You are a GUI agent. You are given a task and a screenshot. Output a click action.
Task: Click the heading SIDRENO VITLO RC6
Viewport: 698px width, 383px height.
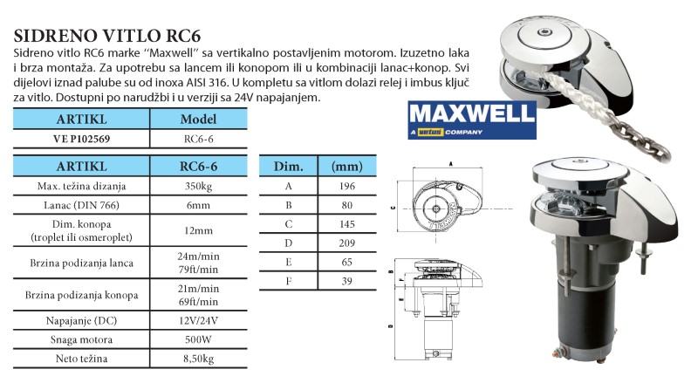click(107, 36)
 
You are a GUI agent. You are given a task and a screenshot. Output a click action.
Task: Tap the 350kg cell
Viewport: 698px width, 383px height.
click(197, 185)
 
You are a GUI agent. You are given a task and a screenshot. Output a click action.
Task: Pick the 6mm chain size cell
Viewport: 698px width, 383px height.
click(197, 204)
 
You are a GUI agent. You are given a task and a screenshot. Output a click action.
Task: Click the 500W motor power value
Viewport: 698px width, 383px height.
click(197, 339)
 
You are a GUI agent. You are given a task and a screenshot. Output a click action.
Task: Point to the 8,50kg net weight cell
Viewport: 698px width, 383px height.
click(197, 358)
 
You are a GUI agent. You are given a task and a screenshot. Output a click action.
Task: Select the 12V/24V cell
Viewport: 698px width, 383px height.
click(197, 321)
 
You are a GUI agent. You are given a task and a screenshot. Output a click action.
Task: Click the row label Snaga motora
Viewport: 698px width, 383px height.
click(82, 339)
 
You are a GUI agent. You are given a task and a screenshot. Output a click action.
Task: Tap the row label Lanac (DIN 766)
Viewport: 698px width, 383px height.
click(82, 204)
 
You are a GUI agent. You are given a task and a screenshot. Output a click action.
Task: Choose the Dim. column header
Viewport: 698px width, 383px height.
click(289, 165)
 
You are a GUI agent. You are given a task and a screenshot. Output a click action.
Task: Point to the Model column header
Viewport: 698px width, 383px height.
click(197, 119)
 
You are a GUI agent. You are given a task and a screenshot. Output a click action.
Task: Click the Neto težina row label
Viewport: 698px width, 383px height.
click(82, 358)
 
